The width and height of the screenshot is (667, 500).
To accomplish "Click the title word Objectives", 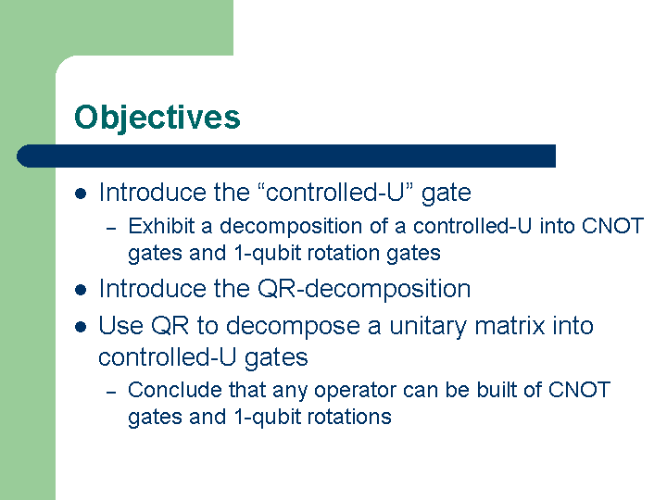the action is coord(157,118).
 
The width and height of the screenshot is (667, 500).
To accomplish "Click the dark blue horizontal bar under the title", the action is coord(286,156).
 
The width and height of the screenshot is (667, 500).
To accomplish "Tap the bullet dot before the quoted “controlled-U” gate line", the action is coord(81,194).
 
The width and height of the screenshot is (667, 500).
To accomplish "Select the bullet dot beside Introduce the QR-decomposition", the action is coord(81,291).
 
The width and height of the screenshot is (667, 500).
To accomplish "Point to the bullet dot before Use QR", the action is coord(81,327).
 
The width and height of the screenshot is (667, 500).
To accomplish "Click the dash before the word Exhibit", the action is coord(111,229).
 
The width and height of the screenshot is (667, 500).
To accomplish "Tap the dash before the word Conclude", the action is coord(111,393).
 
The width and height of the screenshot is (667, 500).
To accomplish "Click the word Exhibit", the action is coord(161,226).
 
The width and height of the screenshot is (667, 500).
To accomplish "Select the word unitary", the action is coord(428,327).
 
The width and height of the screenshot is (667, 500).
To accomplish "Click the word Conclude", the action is coord(175,390).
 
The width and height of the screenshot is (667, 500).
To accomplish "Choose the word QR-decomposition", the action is coord(364,289).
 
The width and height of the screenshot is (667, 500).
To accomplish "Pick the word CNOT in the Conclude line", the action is coord(579,390).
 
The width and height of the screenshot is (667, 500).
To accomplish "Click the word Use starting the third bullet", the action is coord(120,326).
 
